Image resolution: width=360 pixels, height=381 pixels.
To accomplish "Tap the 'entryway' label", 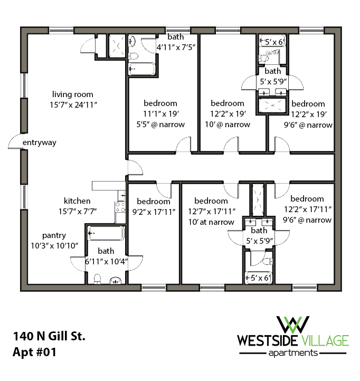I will pyautogui.click(x=39, y=142).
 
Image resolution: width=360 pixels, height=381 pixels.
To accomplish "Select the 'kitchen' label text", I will pyautogui.click(x=77, y=201).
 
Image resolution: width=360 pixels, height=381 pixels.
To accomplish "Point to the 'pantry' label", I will pyautogui.click(x=54, y=235).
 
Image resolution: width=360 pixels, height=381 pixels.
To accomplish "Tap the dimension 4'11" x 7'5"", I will pyautogui.click(x=176, y=47).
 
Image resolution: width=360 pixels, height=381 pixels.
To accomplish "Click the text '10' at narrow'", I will pyautogui.click(x=211, y=222).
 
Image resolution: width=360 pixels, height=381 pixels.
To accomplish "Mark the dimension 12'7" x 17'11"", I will pyautogui.click(x=211, y=212).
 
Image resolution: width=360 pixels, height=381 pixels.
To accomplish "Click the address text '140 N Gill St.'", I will pyautogui.click(x=49, y=336).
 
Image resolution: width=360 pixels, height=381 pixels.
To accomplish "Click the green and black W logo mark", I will pyautogui.click(x=293, y=323).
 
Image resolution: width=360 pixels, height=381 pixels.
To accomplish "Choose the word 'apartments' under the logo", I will pyautogui.click(x=294, y=353).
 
